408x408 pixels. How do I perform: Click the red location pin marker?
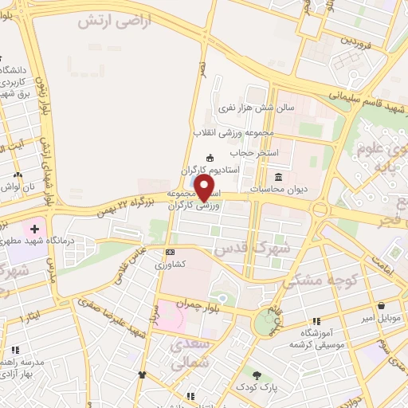coord(206,188)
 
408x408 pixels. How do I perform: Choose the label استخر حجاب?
coord(253,151)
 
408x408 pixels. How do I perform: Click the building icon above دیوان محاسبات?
coord(278,177)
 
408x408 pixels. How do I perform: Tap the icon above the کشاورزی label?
coord(168,251)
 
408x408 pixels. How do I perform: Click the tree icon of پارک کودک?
coord(257,375)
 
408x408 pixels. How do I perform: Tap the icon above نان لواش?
coord(18,174)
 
